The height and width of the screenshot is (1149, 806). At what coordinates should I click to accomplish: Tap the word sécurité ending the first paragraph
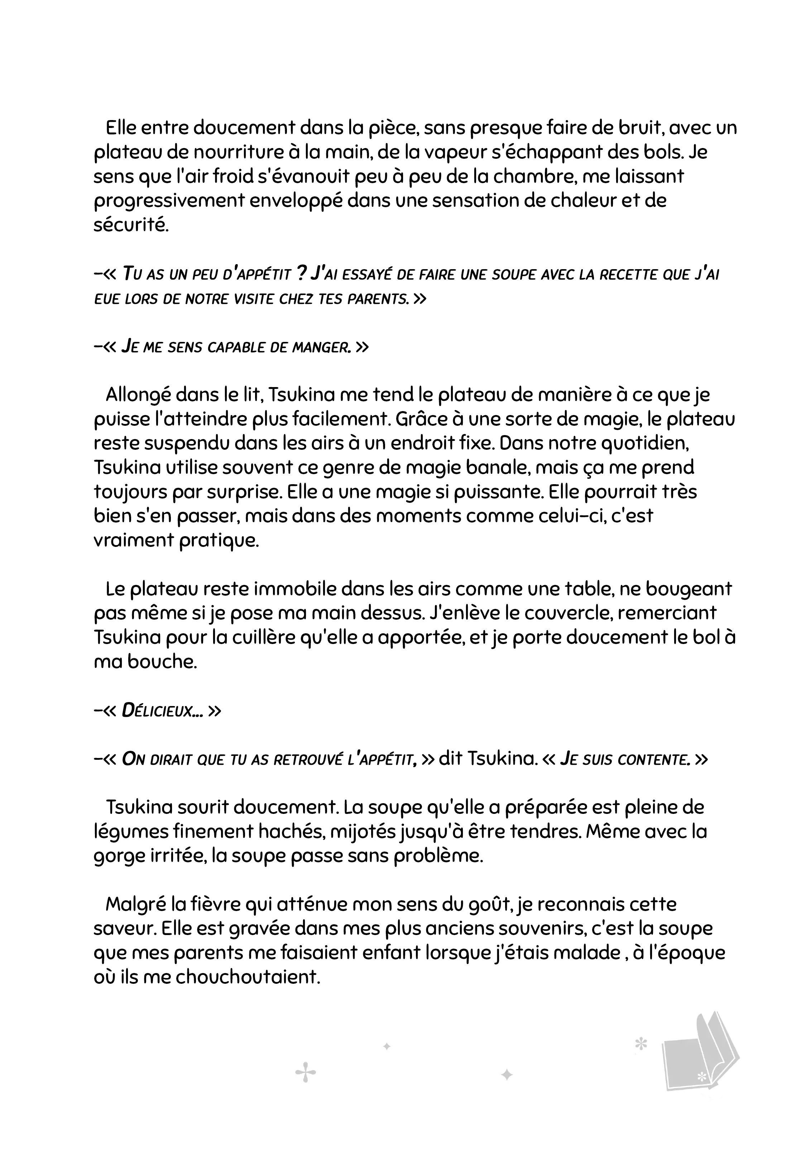point(131,225)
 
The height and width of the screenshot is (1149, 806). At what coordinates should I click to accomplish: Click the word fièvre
point(215,904)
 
